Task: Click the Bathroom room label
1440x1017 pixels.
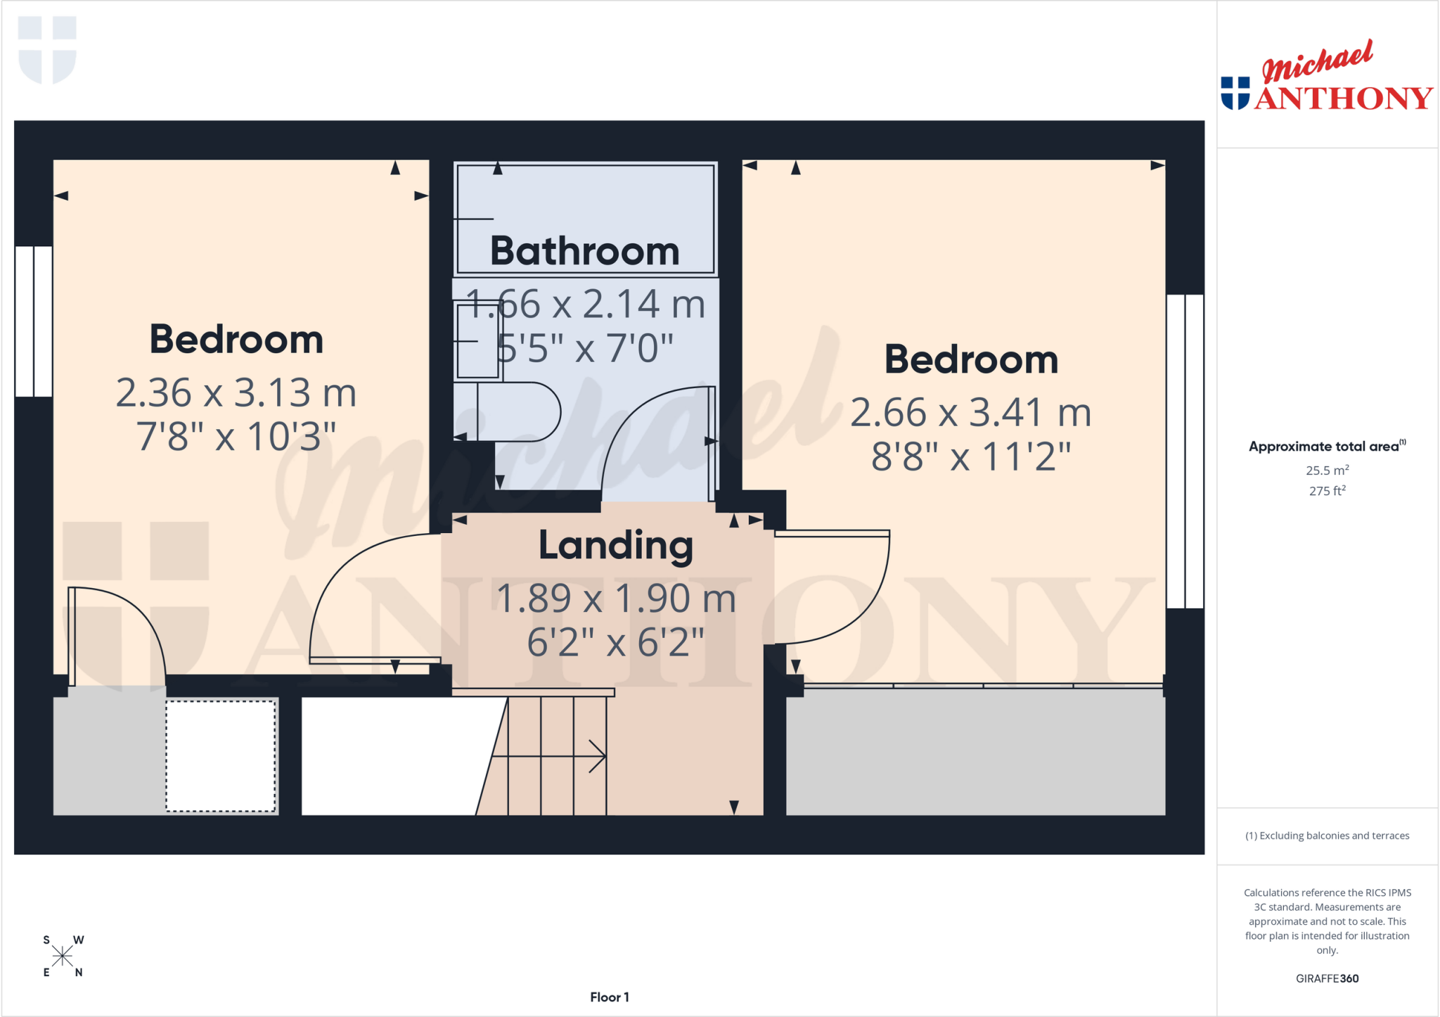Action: click(x=584, y=251)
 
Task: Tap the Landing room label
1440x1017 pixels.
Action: click(x=616, y=546)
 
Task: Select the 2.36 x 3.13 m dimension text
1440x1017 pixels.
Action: click(x=236, y=392)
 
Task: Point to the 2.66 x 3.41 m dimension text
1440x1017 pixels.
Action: click(x=971, y=412)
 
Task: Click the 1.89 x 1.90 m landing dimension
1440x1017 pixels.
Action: click(x=616, y=599)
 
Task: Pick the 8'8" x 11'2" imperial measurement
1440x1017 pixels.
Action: click(x=971, y=456)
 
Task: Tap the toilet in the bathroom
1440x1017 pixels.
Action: click(x=507, y=411)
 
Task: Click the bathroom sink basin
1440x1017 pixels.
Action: click(x=477, y=341)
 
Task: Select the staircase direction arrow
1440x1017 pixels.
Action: click(x=549, y=757)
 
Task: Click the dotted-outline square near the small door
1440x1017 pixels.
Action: click(x=221, y=756)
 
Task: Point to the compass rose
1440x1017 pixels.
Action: click(x=63, y=956)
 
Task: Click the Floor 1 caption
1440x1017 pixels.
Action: click(x=610, y=997)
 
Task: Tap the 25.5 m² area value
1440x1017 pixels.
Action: click(x=1327, y=470)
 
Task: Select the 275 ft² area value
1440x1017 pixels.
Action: click(x=1327, y=491)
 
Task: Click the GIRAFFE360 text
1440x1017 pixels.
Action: click(x=1327, y=978)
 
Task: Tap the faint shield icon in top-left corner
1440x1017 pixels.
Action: click(x=47, y=49)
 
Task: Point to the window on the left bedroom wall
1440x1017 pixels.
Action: click(x=34, y=321)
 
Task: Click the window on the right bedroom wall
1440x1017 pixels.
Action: click(x=1185, y=451)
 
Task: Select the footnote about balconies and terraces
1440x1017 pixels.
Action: click(x=1327, y=836)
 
